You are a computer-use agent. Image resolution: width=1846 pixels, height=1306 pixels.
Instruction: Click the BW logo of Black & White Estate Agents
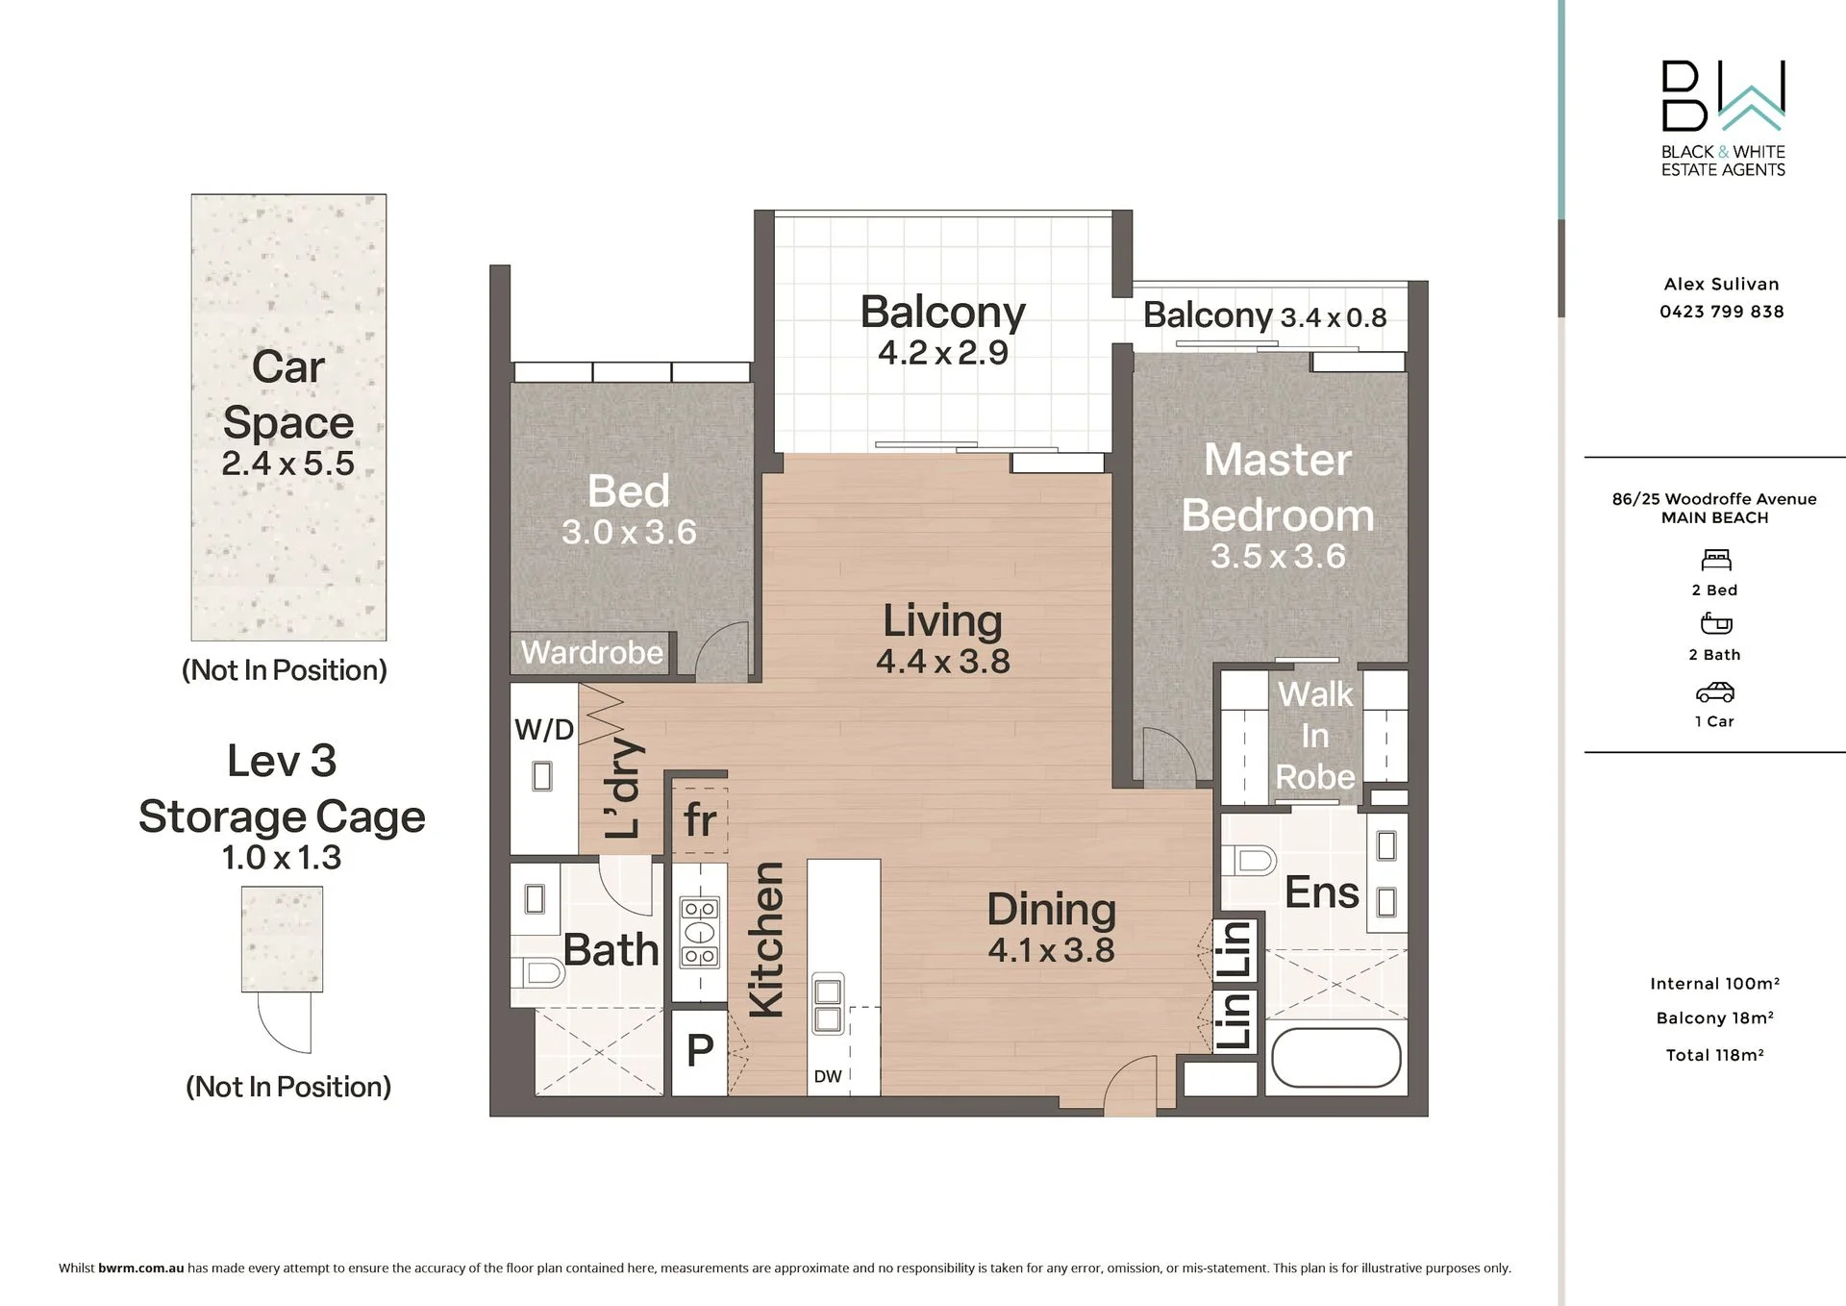click(1723, 95)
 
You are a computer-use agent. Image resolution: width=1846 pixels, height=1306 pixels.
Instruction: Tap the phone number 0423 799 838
click(1722, 312)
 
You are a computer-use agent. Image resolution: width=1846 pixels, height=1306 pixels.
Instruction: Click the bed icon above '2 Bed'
click(1716, 560)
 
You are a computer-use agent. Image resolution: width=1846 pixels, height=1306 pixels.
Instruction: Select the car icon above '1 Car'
click(1715, 692)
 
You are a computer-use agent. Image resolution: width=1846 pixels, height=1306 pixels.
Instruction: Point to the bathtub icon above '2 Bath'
click(1716, 624)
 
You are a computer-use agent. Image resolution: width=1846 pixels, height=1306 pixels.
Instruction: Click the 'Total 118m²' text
click(1715, 1055)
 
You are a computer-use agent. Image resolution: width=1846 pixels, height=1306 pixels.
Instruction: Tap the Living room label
click(942, 621)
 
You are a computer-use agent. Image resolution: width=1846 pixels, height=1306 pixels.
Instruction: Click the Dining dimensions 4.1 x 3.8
click(1051, 950)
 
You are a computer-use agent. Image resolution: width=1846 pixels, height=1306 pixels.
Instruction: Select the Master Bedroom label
click(1278, 488)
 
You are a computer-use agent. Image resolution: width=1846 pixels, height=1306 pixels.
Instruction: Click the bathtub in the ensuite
click(1336, 1059)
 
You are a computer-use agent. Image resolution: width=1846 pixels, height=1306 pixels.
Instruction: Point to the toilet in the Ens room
click(1249, 860)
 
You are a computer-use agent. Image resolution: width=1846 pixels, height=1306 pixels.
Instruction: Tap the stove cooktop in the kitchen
click(700, 932)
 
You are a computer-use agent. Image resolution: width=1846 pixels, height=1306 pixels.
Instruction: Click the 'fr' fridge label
click(700, 820)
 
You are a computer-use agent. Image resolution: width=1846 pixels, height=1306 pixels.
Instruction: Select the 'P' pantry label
click(700, 1050)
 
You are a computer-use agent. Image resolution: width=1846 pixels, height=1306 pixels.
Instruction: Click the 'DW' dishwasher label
click(828, 1077)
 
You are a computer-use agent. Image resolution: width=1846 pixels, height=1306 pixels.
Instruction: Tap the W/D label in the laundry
click(544, 730)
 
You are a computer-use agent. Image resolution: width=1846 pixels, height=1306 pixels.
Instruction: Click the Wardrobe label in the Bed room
click(592, 653)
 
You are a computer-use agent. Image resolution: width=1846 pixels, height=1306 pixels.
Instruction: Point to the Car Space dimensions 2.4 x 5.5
click(288, 464)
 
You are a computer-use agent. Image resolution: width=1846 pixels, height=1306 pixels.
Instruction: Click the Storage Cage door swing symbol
click(285, 1022)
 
